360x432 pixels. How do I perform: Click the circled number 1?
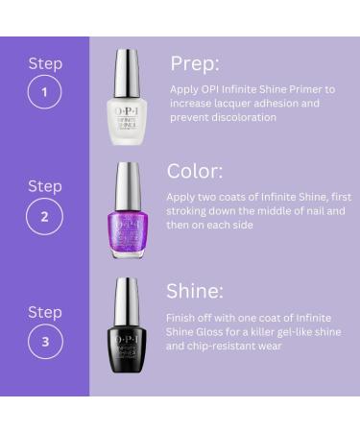click(x=44, y=94)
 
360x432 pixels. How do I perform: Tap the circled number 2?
click(x=44, y=216)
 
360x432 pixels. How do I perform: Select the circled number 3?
click(x=44, y=340)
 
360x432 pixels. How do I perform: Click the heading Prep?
click(x=195, y=63)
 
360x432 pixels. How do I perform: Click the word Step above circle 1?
click(x=44, y=63)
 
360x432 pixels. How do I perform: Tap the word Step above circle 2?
click(x=44, y=185)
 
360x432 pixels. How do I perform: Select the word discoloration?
click(x=240, y=117)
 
